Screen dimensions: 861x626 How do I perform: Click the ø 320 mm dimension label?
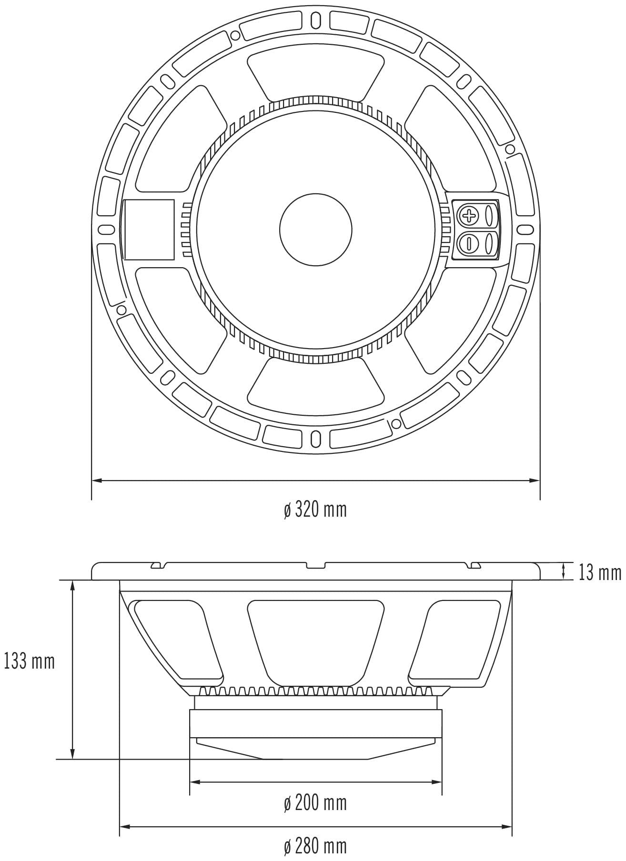(x=315, y=510)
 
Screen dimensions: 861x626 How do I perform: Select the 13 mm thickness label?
(x=599, y=572)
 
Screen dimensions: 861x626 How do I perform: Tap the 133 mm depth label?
(x=30, y=661)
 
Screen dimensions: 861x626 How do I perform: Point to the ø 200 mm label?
(x=315, y=803)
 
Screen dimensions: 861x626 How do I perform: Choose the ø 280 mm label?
(x=315, y=846)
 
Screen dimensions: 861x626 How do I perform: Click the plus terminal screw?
(x=469, y=216)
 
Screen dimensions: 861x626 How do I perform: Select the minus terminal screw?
(x=469, y=243)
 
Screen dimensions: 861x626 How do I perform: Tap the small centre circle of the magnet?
(x=316, y=230)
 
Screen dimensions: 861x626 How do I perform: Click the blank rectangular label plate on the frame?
(x=148, y=230)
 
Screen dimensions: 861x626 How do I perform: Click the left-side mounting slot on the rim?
(x=106, y=230)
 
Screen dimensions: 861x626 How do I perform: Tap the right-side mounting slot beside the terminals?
(x=524, y=230)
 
